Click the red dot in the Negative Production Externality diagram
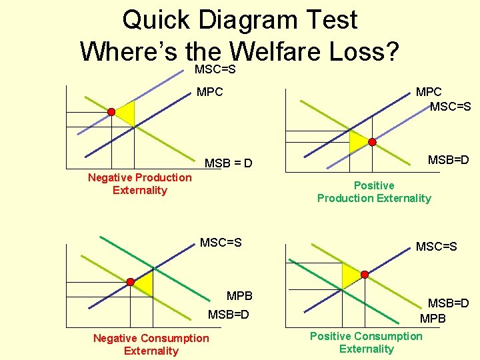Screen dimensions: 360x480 (112, 111)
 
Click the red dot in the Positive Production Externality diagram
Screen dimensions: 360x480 (373, 142)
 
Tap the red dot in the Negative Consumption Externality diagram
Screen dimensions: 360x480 (131, 282)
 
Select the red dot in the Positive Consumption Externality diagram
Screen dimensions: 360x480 (365, 274)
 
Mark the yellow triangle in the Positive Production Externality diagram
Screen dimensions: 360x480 (358, 139)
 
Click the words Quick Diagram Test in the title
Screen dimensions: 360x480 (240, 19)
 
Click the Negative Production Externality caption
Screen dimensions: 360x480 (140, 183)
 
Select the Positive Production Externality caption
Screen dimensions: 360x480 (374, 192)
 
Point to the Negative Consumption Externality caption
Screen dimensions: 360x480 (151, 345)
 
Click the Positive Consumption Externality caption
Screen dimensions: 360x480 (366, 342)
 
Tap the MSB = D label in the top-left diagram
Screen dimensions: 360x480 (228, 163)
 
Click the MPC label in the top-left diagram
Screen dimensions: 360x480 (210, 91)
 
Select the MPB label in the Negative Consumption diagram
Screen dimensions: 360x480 (239, 295)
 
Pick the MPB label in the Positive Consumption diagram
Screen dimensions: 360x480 (433, 319)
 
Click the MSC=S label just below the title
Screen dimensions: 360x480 (217, 69)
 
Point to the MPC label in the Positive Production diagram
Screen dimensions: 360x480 (429, 92)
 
